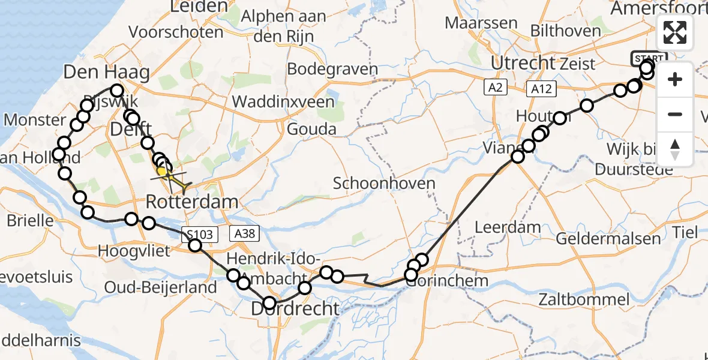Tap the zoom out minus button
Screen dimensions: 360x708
click(x=675, y=114)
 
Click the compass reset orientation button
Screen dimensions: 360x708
click(x=675, y=149)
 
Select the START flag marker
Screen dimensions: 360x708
click(x=648, y=59)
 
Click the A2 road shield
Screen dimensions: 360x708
click(x=494, y=88)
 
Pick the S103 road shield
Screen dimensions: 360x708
click(x=199, y=234)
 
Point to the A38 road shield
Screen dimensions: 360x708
click(x=244, y=234)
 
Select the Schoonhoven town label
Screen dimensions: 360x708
click(x=384, y=183)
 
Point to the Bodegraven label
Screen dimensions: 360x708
click(x=332, y=69)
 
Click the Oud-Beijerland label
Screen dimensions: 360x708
click(x=160, y=287)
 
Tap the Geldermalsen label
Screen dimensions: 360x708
click(x=608, y=238)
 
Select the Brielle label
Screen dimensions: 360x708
click(x=30, y=220)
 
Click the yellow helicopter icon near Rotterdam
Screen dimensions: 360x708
click(x=173, y=178)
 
